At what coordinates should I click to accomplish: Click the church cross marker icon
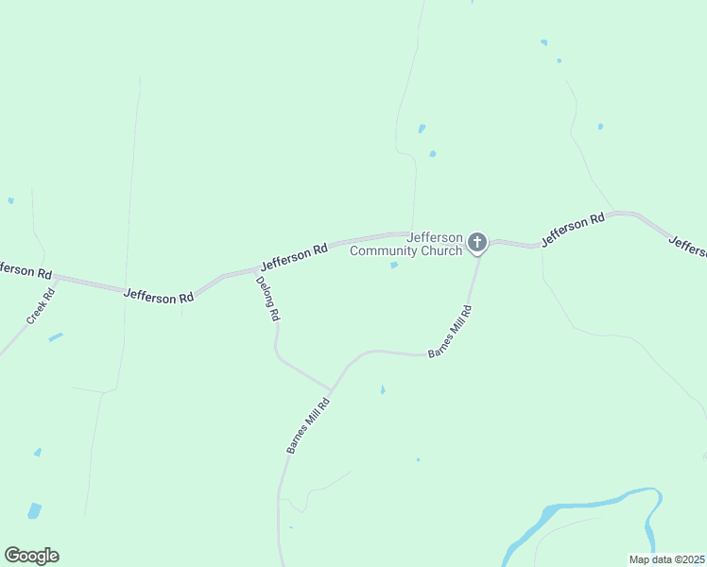point(477,243)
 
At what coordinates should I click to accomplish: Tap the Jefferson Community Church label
point(406,244)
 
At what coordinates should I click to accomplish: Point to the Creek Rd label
point(42,306)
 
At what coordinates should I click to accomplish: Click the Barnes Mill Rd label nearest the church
point(450,331)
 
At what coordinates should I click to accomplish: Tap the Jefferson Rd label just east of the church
point(573,231)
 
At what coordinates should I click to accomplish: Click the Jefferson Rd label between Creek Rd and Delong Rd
point(159,296)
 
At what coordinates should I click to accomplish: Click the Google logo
point(31,556)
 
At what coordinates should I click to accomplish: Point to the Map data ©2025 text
point(665,559)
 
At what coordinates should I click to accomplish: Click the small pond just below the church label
point(394,265)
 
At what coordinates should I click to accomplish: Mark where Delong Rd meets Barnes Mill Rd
point(330,389)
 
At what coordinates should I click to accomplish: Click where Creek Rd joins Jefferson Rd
point(57,279)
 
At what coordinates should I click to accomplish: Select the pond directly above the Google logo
point(35,510)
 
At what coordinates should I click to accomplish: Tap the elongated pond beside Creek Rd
point(56,336)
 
